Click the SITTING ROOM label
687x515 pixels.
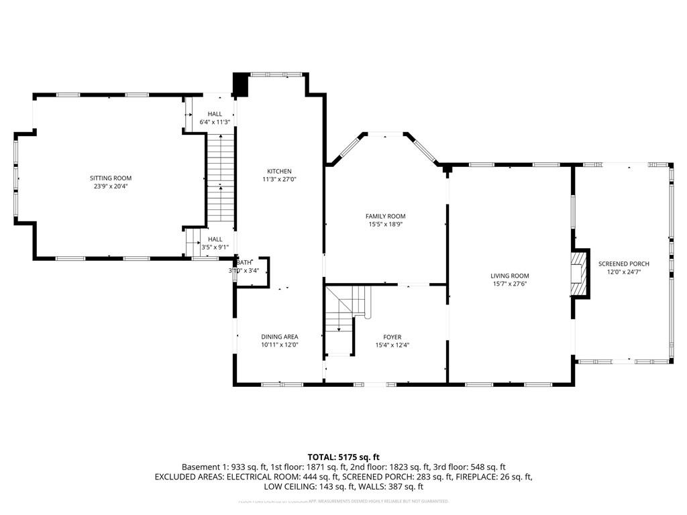[111, 178]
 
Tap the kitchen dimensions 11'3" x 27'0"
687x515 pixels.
[279, 180]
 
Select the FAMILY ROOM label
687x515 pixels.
[385, 216]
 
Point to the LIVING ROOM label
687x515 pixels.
[510, 276]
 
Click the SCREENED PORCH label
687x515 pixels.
[624, 264]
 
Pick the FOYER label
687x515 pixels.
[392, 337]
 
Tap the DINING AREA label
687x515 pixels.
[280, 337]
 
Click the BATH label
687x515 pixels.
[244, 262]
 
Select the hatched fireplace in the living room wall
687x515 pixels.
[579, 274]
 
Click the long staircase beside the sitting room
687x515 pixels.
[220, 178]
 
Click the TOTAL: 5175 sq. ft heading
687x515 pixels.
[343, 457]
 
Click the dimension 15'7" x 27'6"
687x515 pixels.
[510, 284]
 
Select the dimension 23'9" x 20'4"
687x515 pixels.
[111, 186]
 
